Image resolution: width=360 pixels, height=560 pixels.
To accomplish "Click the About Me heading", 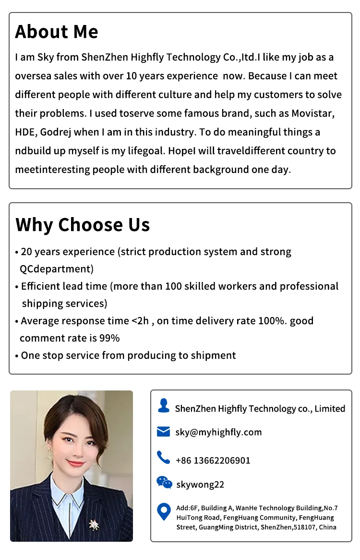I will click(57, 32).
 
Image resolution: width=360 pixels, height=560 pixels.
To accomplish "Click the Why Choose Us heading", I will click(83, 225).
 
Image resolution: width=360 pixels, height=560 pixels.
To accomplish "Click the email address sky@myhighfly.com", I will click(218, 432).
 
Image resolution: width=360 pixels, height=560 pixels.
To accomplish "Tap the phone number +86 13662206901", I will click(213, 461).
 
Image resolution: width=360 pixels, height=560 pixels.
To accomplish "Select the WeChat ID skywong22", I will click(200, 485).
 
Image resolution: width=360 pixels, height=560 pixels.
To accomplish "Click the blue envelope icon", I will click(164, 432).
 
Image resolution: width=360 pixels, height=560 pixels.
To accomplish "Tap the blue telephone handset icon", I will click(164, 458).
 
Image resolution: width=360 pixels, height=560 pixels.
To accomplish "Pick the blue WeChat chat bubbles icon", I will click(164, 482).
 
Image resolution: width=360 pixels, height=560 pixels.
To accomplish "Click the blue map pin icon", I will click(164, 512).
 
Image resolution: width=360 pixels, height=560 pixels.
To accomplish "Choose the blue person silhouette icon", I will click(164, 406).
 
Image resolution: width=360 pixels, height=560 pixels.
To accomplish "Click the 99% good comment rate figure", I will click(109, 338).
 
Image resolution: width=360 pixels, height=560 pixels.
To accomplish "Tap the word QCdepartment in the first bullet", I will click(57, 269).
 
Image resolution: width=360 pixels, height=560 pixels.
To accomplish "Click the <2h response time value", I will click(140, 321).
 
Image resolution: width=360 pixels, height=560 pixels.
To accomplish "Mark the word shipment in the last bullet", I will click(213, 355).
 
